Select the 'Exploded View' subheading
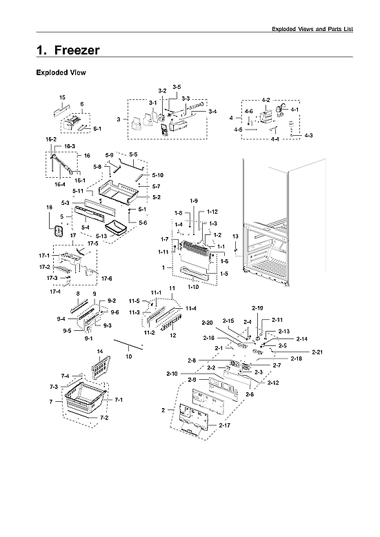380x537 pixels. (x=60, y=72)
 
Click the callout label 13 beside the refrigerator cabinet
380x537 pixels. (x=235, y=236)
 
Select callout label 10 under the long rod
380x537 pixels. (x=128, y=356)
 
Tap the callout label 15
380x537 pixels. (x=62, y=97)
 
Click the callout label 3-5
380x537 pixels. (x=177, y=87)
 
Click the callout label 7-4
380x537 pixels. (x=64, y=376)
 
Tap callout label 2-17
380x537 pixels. (x=224, y=426)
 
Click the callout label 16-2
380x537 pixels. (x=50, y=139)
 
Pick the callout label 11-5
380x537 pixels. (x=134, y=301)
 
